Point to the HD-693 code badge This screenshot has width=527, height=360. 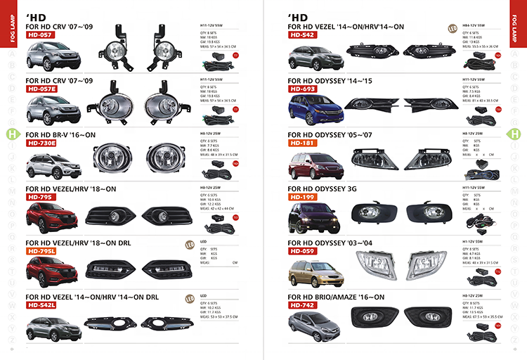(303, 89)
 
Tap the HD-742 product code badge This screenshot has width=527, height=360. (303, 306)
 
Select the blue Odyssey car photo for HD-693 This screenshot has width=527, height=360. (310, 109)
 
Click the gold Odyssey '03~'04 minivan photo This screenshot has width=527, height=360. (310, 270)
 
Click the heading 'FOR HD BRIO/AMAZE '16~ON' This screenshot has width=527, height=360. (337, 297)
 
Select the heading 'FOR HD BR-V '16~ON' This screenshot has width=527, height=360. (60, 135)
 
